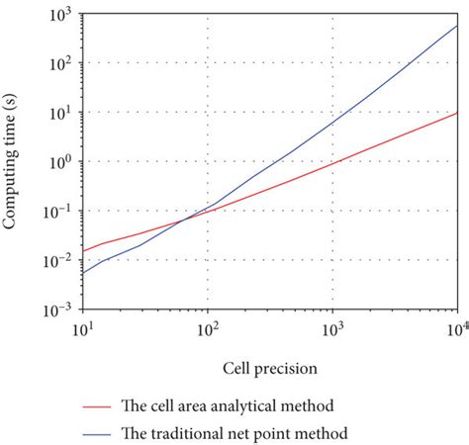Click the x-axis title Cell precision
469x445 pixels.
[270, 369]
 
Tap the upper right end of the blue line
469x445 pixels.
[457, 26]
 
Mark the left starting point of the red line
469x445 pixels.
[83, 251]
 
